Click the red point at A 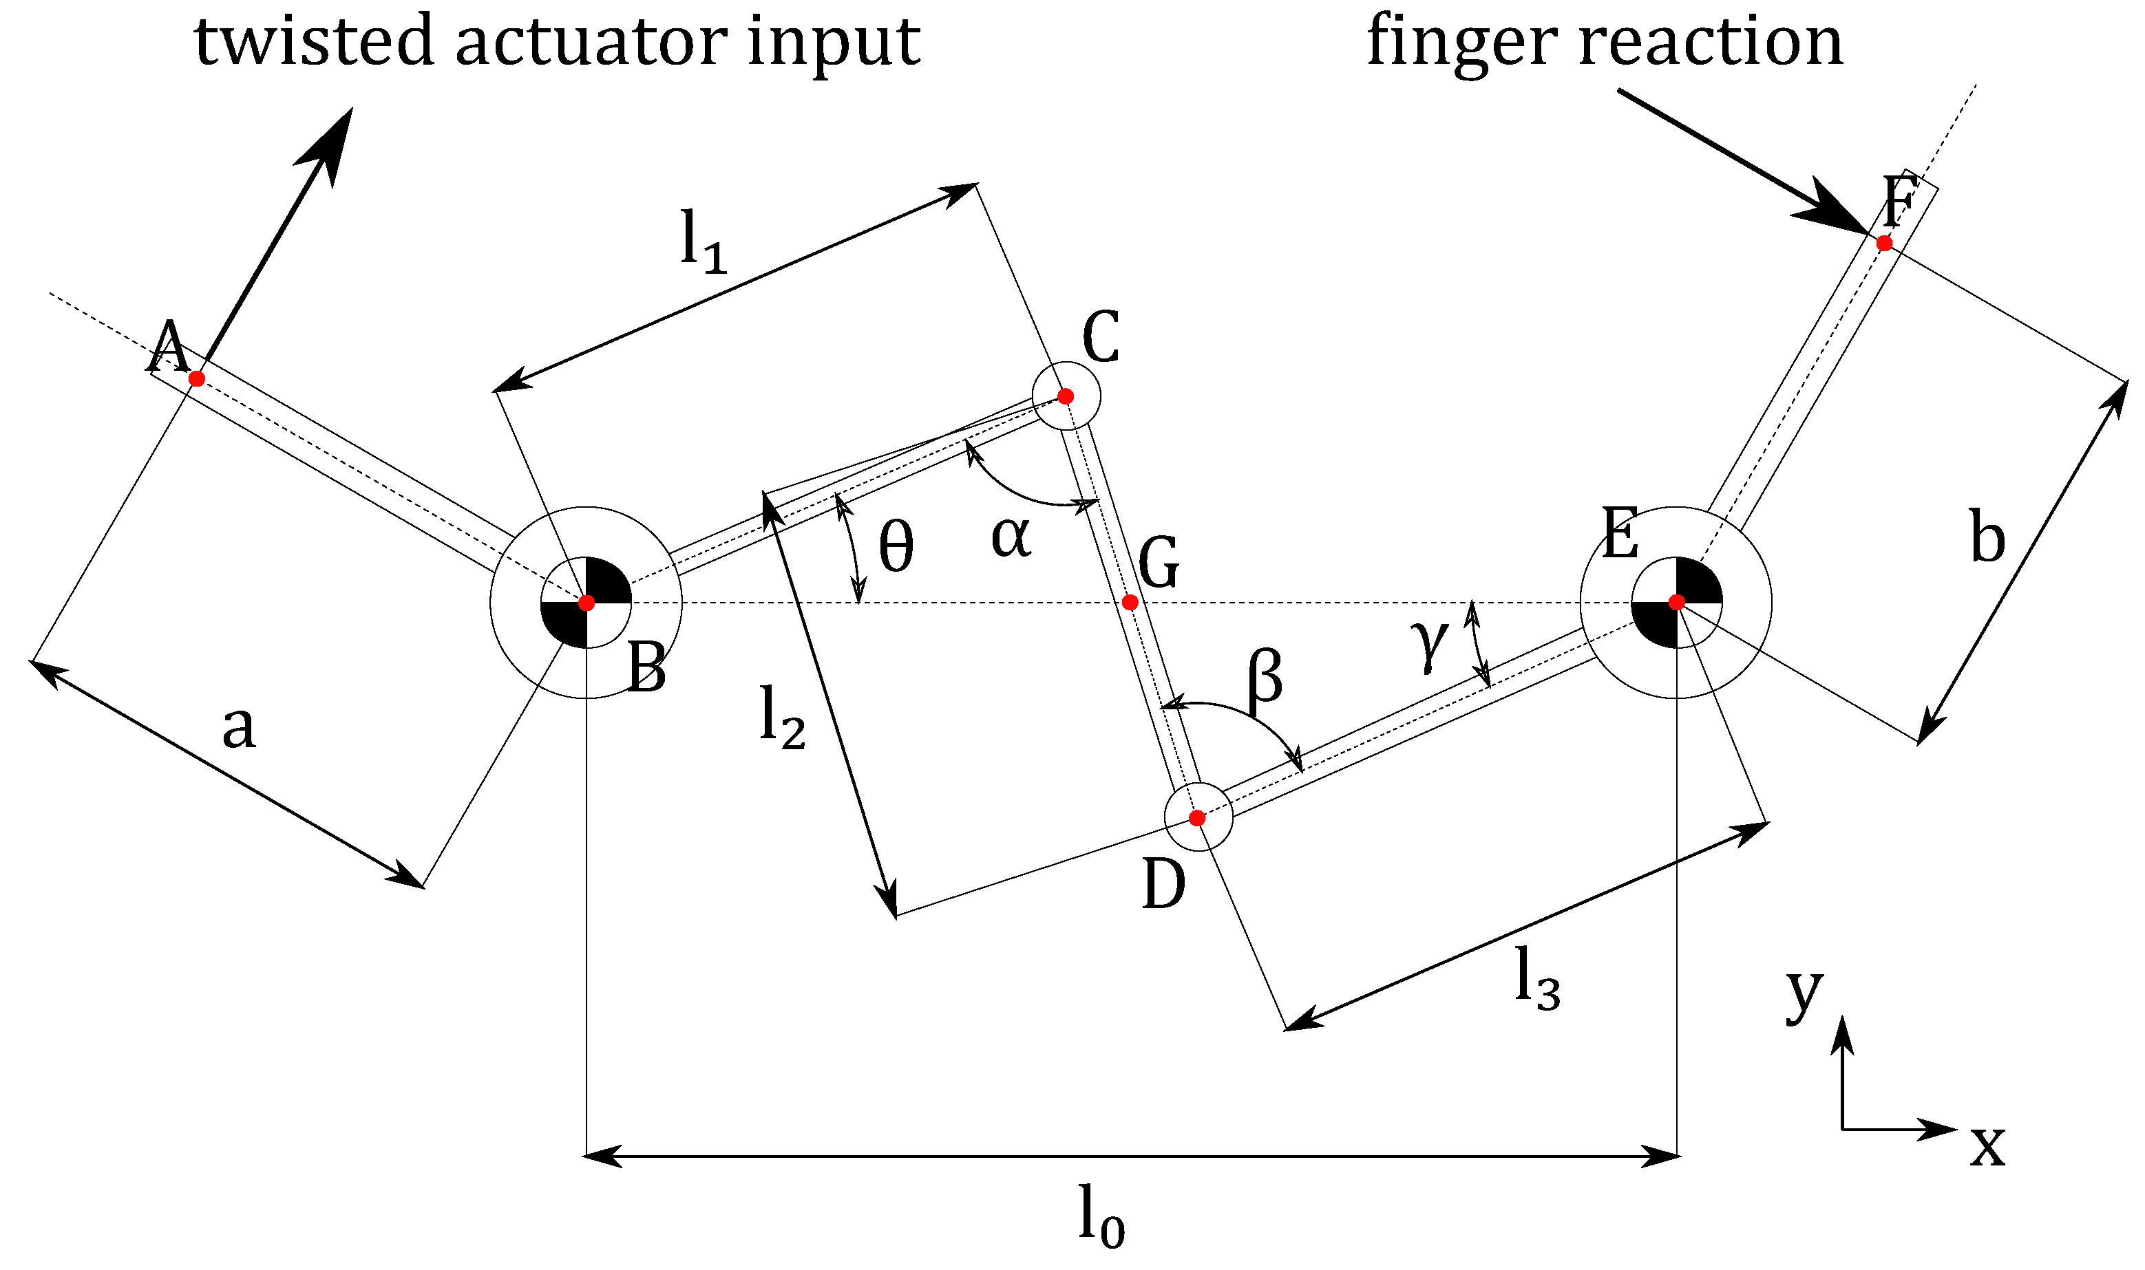pos(196,378)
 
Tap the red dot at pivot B pos(587,603)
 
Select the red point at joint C pos(1065,396)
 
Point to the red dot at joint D pos(1197,818)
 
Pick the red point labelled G pos(1130,603)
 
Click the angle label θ pos(896,548)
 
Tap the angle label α pos(1011,537)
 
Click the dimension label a pos(239,729)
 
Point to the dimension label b pos(1987,537)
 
